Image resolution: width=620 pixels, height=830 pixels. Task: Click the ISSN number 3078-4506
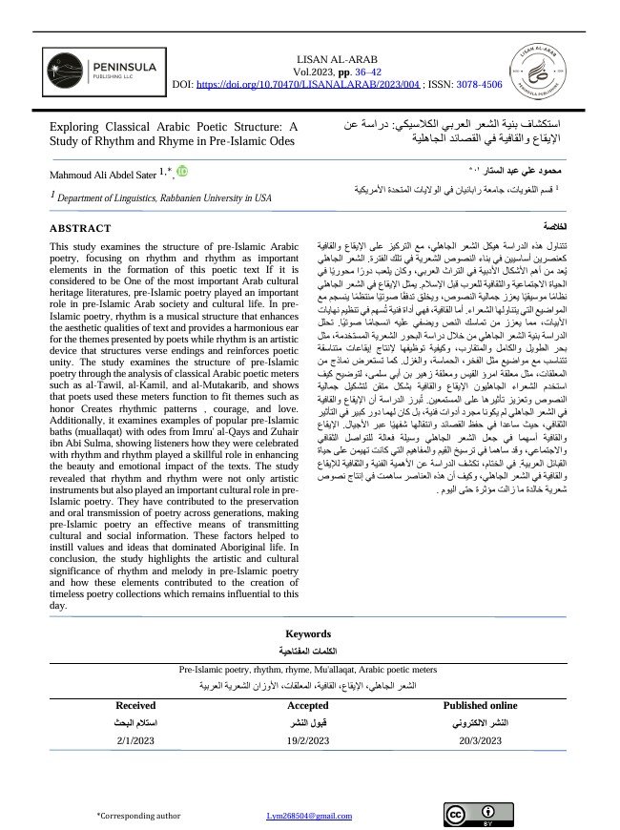477,85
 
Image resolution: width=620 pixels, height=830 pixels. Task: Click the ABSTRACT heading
80,229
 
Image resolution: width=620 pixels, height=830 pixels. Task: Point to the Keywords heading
308,633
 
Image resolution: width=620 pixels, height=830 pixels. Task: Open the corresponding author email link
302,817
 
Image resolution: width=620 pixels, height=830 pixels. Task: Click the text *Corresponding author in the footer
138,817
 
